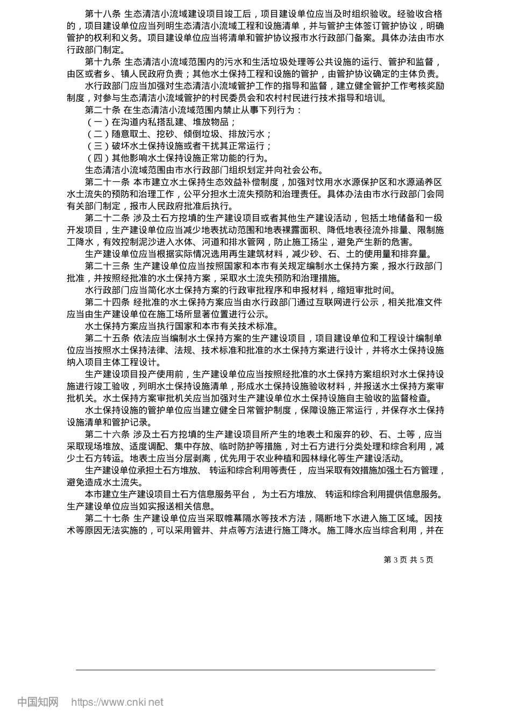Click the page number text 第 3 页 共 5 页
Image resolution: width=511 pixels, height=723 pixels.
(408, 560)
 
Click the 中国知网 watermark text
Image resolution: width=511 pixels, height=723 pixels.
(38, 703)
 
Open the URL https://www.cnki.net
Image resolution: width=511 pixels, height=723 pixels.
(117, 703)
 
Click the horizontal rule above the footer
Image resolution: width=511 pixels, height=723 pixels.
(256, 670)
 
